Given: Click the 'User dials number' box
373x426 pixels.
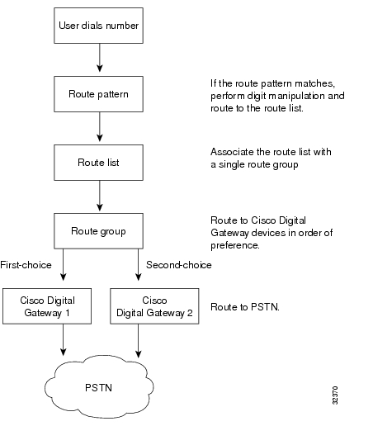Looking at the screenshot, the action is [x=98, y=26].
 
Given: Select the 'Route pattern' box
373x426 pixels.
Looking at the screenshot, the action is [x=98, y=94].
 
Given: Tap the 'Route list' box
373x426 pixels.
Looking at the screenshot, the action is [x=98, y=163].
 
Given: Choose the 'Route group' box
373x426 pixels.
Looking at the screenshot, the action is [x=98, y=231].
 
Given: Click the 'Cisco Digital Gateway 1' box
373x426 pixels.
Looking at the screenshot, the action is [x=47, y=306].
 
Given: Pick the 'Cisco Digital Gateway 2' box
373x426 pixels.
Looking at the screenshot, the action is [x=154, y=306].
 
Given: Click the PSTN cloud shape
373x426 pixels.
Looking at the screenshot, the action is [x=98, y=387].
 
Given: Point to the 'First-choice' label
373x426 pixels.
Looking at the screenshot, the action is [x=26, y=265].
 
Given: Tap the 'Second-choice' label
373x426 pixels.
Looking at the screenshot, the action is [x=179, y=265].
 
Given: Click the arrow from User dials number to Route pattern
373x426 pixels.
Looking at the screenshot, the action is [x=100, y=58].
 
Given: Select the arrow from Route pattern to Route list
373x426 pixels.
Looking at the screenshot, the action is [x=100, y=127].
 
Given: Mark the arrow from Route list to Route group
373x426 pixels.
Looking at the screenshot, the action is [x=100, y=196].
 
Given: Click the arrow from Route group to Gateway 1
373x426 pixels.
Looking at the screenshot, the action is [x=64, y=265].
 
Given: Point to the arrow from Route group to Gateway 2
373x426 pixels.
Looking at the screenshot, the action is [x=139, y=265].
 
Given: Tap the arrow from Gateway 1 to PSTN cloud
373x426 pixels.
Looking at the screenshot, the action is [x=64, y=340].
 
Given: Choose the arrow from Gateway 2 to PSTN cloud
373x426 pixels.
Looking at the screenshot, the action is [x=139, y=341].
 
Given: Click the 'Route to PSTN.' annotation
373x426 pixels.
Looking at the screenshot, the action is [x=245, y=307].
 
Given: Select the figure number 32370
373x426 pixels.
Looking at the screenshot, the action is [x=335, y=395].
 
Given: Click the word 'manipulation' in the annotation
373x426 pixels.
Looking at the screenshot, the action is [x=292, y=96].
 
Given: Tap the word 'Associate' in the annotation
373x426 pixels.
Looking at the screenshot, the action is [x=232, y=152].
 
